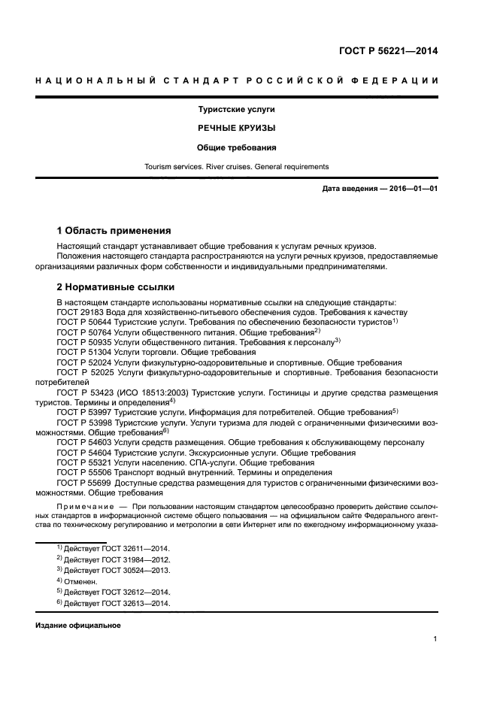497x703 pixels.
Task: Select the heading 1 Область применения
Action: pyautogui.click(x=114, y=230)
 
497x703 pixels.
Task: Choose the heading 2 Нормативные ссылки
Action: pyautogui.click(x=116, y=286)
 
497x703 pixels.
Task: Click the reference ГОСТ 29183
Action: pyautogui.click(x=81, y=311)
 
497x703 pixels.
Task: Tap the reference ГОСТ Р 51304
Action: pyautogui.click(x=85, y=352)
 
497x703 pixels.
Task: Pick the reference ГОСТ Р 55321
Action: pyautogui.click(x=85, y=462)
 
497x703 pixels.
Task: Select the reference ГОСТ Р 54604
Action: pyautogui.click(x=85, y=453)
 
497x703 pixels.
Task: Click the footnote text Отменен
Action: pyautogui.click(x=81, y=581)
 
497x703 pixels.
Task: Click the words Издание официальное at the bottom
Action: pyautogui.click(x=77, y=626)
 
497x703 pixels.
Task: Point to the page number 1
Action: pyautogui.click(x=435, y=639)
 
